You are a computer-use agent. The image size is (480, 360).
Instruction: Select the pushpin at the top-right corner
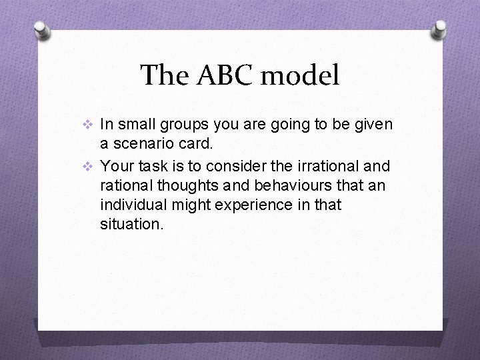(439, 29)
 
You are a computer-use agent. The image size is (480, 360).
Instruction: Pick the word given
(374, 124)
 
